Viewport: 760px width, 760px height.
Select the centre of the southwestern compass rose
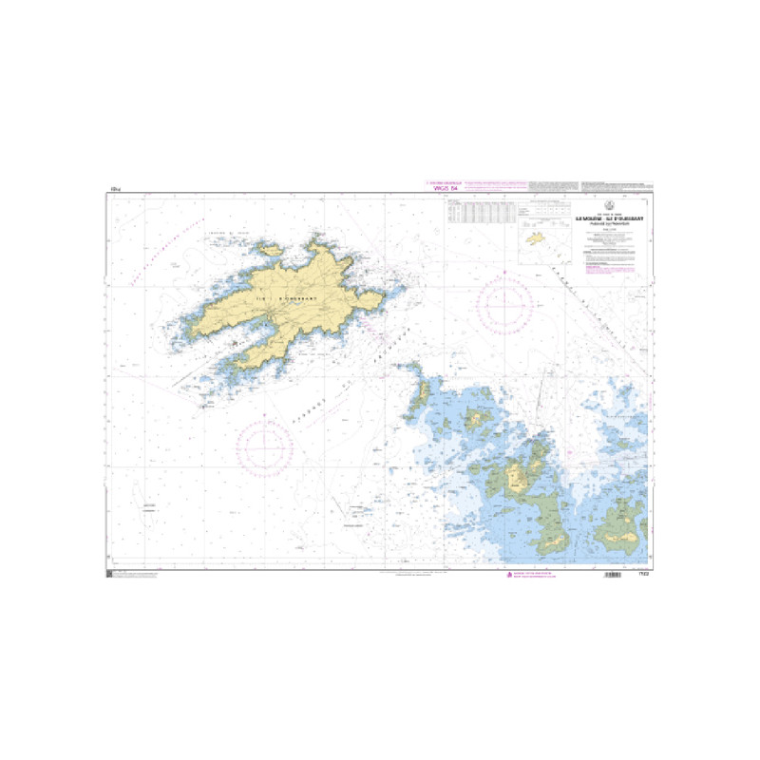point(265,444)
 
